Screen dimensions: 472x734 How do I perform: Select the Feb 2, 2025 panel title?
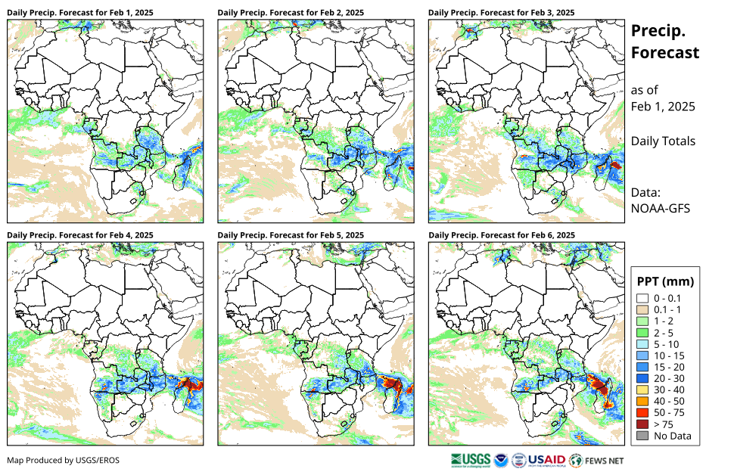(291, 13)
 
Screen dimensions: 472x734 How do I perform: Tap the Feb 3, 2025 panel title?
(501, 13)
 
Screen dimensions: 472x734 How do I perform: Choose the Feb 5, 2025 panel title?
(291, 235)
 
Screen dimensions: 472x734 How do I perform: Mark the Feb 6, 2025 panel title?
(501, 235)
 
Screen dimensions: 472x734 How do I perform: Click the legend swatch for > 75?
(642, 424)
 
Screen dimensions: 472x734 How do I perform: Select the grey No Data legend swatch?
(642, 436)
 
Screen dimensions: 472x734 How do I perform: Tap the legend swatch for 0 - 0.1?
(642, 298)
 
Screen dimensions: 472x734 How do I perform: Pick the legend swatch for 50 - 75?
(642, 413)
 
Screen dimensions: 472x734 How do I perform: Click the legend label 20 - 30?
(671, 378)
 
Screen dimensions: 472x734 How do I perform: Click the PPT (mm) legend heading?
(665, 281)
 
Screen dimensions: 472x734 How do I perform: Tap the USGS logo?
(469, 460)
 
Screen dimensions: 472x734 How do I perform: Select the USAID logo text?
(546, 460)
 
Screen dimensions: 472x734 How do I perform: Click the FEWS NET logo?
(597, 460)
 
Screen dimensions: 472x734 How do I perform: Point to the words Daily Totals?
(663, 141)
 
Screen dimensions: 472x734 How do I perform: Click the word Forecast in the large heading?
(665, 53)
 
